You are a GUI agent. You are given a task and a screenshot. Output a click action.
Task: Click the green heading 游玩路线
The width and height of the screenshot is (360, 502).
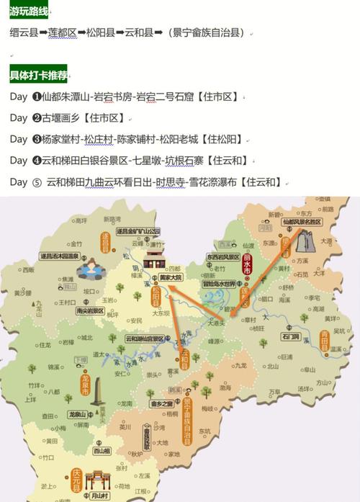pyautogui.click(x=30, y=11)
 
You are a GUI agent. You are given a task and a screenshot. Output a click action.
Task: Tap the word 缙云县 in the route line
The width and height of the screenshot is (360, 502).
pyautogui.click(x=24, y=32)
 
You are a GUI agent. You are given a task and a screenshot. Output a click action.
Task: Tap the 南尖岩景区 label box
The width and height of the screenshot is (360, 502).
pyautogui.click(x=90, y=311)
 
